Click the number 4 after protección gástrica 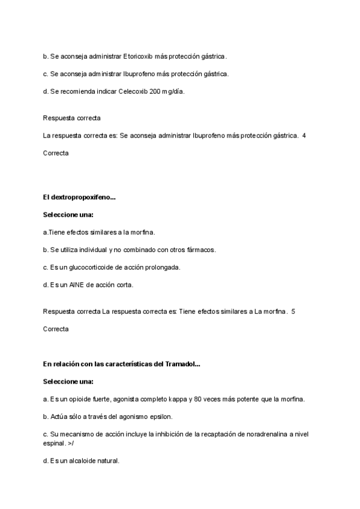[x=304, y=136]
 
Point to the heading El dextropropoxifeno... [x=79, y=197]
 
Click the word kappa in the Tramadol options [x=179, y=399]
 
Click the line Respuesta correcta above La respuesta [x=71, y=118]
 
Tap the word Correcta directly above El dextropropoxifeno [x=56, y=153]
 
